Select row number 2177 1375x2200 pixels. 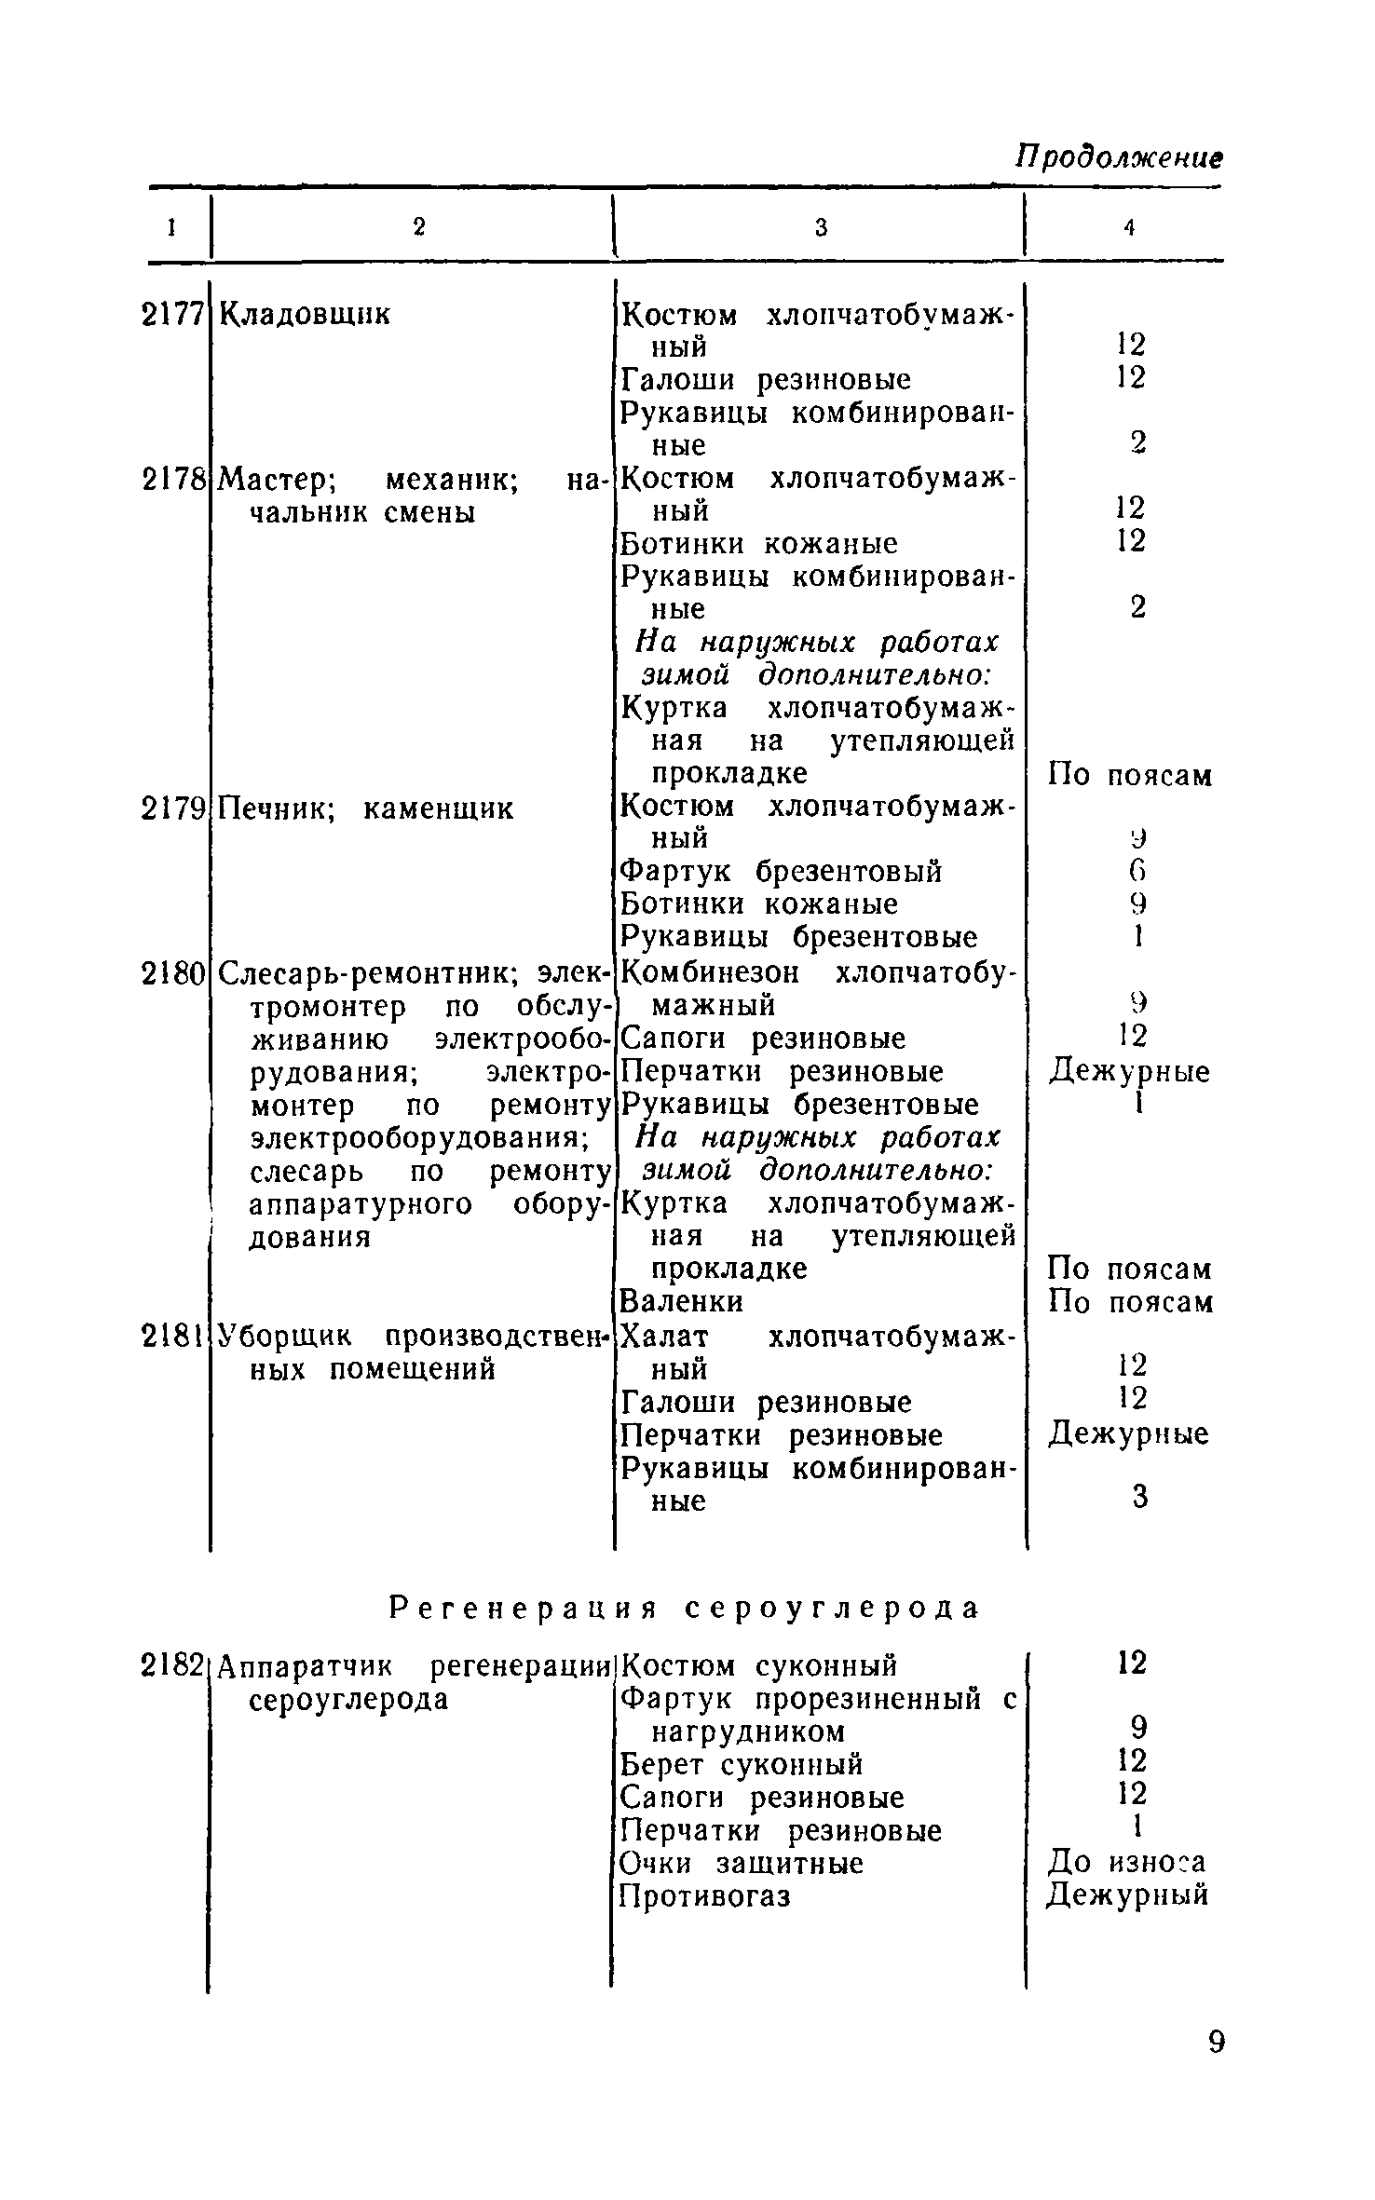coord(172,315)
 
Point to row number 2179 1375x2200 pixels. coord(172,808)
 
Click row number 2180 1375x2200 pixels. coord(172,973)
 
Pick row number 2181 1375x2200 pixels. coord(172,1336)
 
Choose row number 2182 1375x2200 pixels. coord(172,1664)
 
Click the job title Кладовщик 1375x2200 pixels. coord(306,315)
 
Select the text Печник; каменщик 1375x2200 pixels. coord(365,808)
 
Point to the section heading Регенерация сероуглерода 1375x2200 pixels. coord(685,1609)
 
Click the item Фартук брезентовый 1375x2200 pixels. coord(781,872)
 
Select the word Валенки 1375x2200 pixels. coord(682,1301)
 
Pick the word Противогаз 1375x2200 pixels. coord(705,1895)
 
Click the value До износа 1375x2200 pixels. coord(1127,1862)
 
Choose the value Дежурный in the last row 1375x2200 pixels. coord(1127,1894)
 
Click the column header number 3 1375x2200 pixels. coord(821,226)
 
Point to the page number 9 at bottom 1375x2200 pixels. coord(1216,2069)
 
